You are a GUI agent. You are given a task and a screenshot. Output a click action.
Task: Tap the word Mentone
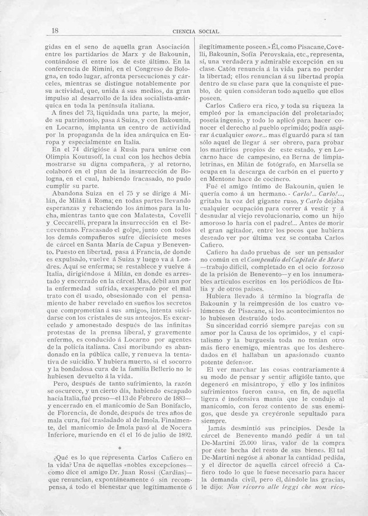[x=231, y=196]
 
